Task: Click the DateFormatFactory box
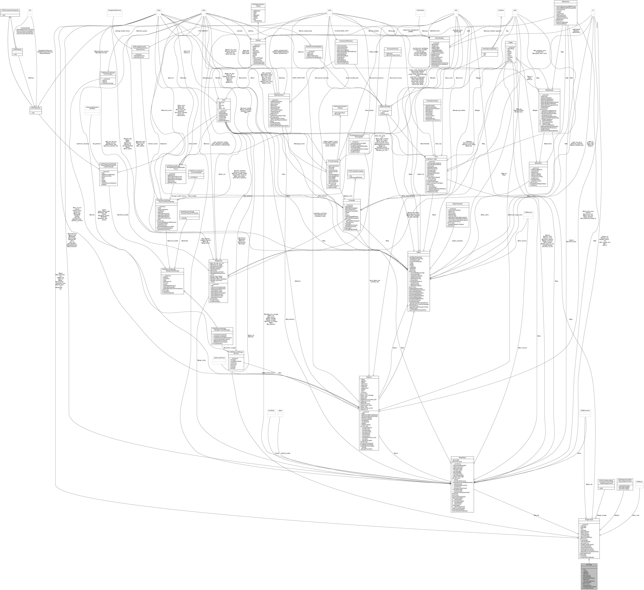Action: [x=219, y=358]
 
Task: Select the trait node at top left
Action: [x=30, y=10]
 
